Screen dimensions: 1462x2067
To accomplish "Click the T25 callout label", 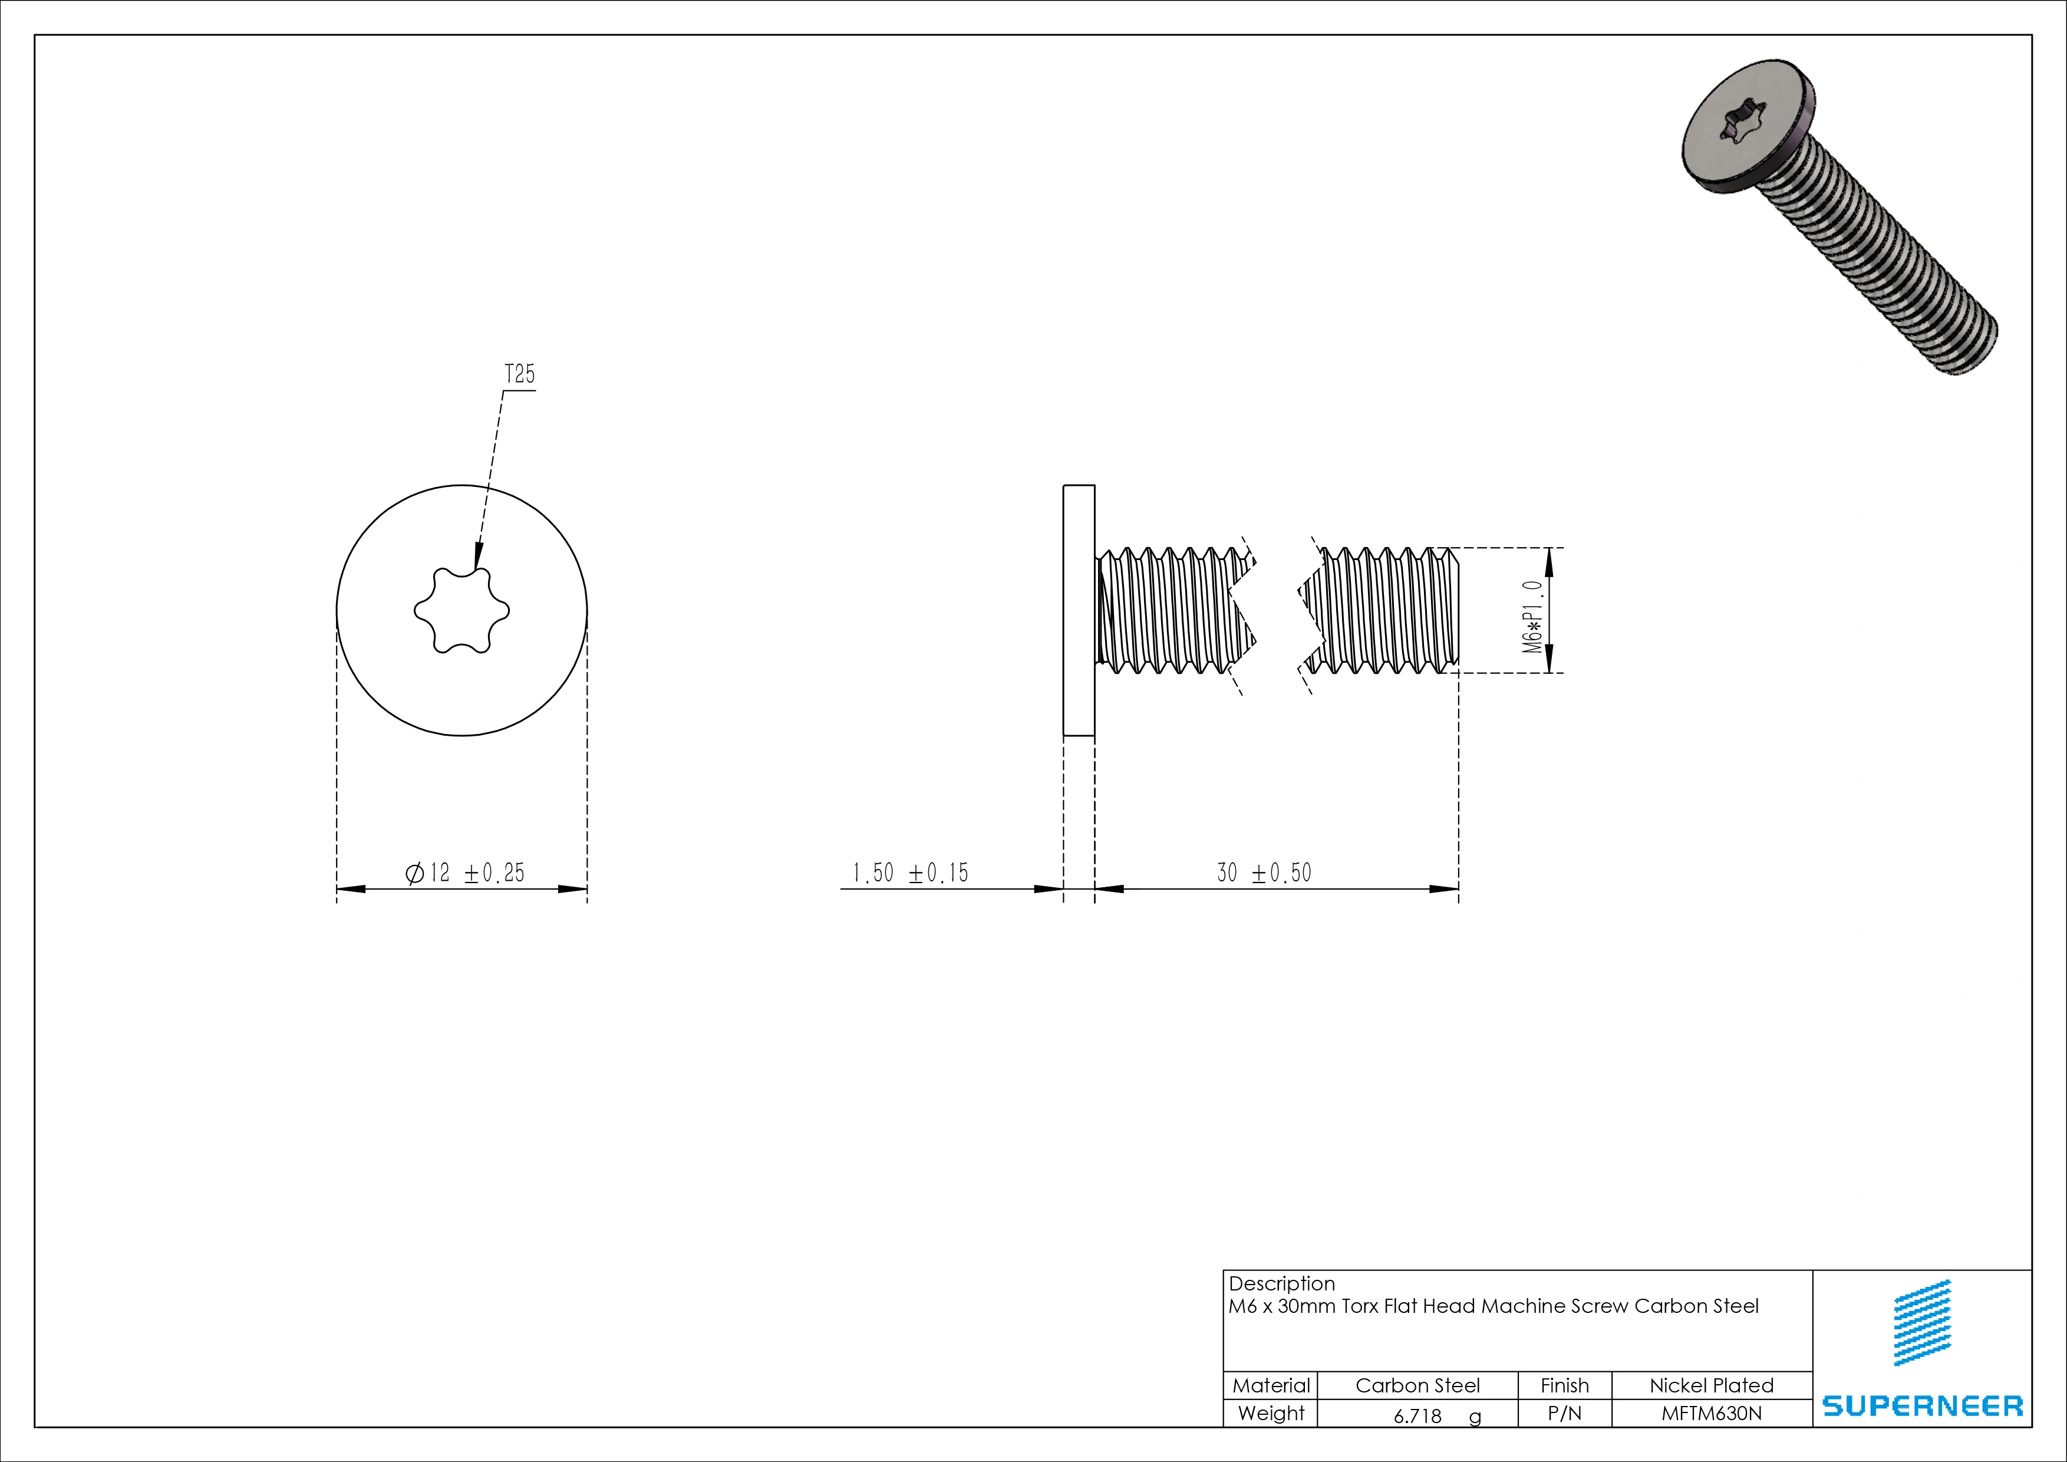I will pyautogui.click(x=519, y=374).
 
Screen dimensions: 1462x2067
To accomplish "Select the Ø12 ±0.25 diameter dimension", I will pyautogui.click(x=464, y=872).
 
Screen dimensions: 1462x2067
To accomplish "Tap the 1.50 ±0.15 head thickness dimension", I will pyautogui.click(x=910, y=872).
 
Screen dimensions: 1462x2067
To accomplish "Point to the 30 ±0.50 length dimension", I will pyautogui.click(x=1264, y=872).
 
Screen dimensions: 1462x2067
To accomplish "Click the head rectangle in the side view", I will pyautogui.click(x=1079, y=610).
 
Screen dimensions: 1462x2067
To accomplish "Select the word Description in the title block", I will pyautogui.click(x=1281, y=1284).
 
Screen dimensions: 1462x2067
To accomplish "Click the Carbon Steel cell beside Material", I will pyautogui.click(x=1417, y=1385).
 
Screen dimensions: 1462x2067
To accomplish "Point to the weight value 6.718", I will pyautogui.click(x=1418, y=1416).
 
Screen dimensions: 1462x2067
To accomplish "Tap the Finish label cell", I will pyautogui.click(x=1565, y=1385).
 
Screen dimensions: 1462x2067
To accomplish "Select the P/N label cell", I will pyautogui.click(x=1565, y=1414).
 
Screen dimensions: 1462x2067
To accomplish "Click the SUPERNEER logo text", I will pyautogui.click(x=1922, y=1405).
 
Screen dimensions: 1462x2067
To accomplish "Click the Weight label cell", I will pyautogui.click(x=1270, y=1414).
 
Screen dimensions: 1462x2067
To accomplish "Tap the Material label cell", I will pyautogui.click(x=1270, y=1385).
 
